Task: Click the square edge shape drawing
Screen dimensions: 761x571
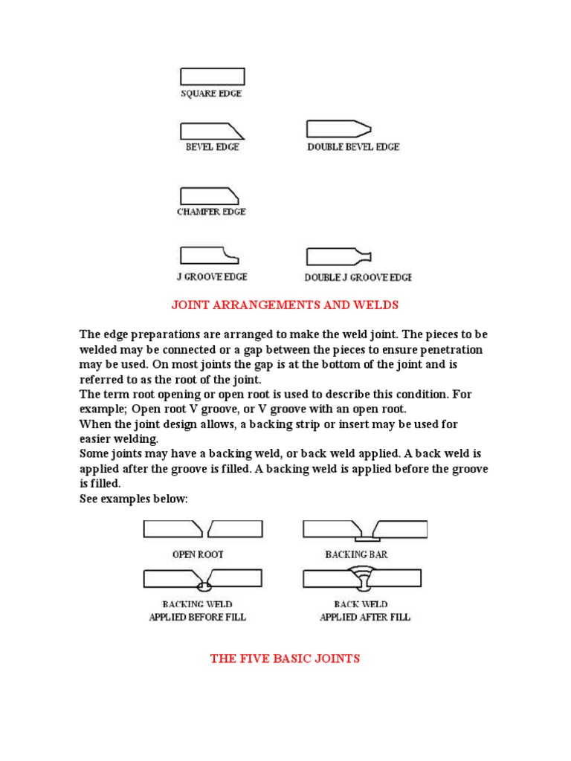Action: (x=212, y=77)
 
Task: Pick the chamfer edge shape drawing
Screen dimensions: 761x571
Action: (x=210, y=195)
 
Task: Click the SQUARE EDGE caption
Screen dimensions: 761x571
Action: (x=212, y=94)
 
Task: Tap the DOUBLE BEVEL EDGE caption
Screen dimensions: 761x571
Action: (x=353, y=147)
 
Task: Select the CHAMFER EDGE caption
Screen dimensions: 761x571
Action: (x=211, y=212)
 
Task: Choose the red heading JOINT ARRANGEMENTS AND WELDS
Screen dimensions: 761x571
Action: (x=285, y=305)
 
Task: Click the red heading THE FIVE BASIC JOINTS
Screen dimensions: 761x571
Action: (x=285, y=658)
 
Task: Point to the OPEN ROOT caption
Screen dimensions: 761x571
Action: (x=198, y=554)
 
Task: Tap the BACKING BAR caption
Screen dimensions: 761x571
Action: (x=356, y=554)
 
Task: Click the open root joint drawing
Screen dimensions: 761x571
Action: (x=203, y=528)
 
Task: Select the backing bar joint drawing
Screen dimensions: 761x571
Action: (x=364, y=530)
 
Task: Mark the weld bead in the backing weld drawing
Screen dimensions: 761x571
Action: (x=202, y=587)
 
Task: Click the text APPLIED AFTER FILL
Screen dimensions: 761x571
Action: (x=364, y=617)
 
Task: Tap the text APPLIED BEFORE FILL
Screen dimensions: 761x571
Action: (x=197, y=617)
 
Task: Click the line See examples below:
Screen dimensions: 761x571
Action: (x=134, y=499)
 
